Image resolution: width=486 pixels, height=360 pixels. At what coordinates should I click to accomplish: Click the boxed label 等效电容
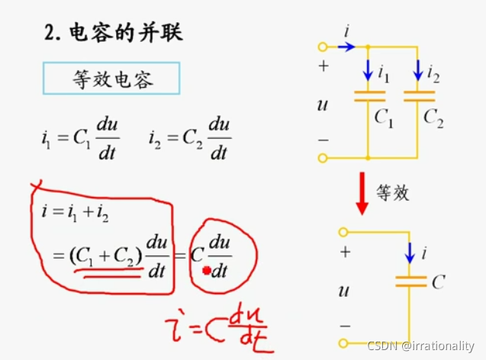coord(111,79)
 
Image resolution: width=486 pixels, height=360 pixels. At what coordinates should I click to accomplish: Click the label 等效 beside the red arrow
coord(393,192)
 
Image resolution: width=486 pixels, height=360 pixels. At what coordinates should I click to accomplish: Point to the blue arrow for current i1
coord(368,70)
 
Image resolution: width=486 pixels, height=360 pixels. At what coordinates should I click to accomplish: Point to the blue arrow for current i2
coord(418,70)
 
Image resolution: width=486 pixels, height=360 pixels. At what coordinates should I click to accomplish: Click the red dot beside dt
coord(206,271)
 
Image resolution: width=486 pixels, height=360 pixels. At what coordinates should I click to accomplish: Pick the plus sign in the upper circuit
coord(323,66)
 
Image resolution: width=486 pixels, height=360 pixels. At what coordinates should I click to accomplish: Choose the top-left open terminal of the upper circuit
coord(323,47)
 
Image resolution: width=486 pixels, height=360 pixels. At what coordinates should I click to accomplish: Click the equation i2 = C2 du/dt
coord(196,138)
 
